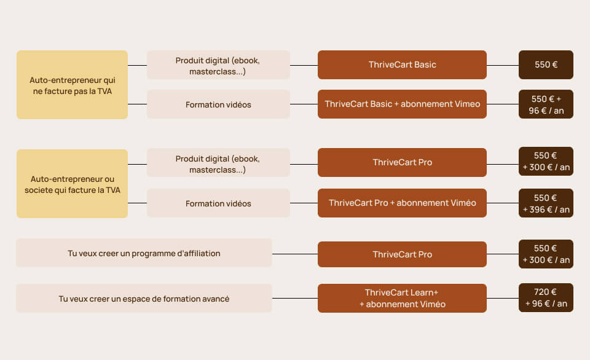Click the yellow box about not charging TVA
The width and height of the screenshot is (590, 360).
pos(72,85)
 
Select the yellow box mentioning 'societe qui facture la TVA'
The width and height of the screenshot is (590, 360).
pos(72,184)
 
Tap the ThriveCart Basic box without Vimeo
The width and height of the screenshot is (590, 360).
pos(402,65)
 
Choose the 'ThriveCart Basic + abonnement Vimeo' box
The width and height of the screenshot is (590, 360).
pos(402,104)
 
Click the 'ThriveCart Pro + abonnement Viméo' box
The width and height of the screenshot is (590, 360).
pos(402,203)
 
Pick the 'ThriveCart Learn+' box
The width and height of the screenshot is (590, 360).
pos(402,298)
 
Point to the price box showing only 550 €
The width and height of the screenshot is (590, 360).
pos(546,65)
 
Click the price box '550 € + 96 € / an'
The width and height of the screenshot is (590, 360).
pos(546,104)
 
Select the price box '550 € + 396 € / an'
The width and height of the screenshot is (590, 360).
pos(546,203)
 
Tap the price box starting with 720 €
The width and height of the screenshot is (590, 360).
pos(546,298)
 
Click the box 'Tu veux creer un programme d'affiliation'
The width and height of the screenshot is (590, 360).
pos(144,253)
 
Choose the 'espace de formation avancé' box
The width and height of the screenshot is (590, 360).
pos(144,299)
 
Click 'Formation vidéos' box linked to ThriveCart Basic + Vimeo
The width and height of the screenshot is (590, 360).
pos(218,104)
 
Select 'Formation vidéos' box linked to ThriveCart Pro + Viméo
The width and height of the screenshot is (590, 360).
pos(218,203)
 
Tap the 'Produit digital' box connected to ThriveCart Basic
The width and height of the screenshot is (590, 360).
pos(218,65)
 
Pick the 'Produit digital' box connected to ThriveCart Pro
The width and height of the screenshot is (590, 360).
pos(218,163)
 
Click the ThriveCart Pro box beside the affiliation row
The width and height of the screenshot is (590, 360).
pos(402,254)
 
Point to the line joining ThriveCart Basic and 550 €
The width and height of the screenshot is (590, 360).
pos(503,65)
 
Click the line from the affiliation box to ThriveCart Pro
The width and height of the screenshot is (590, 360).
pos(294,254)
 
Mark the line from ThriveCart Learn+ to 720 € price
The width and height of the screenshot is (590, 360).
pos(503,299)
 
